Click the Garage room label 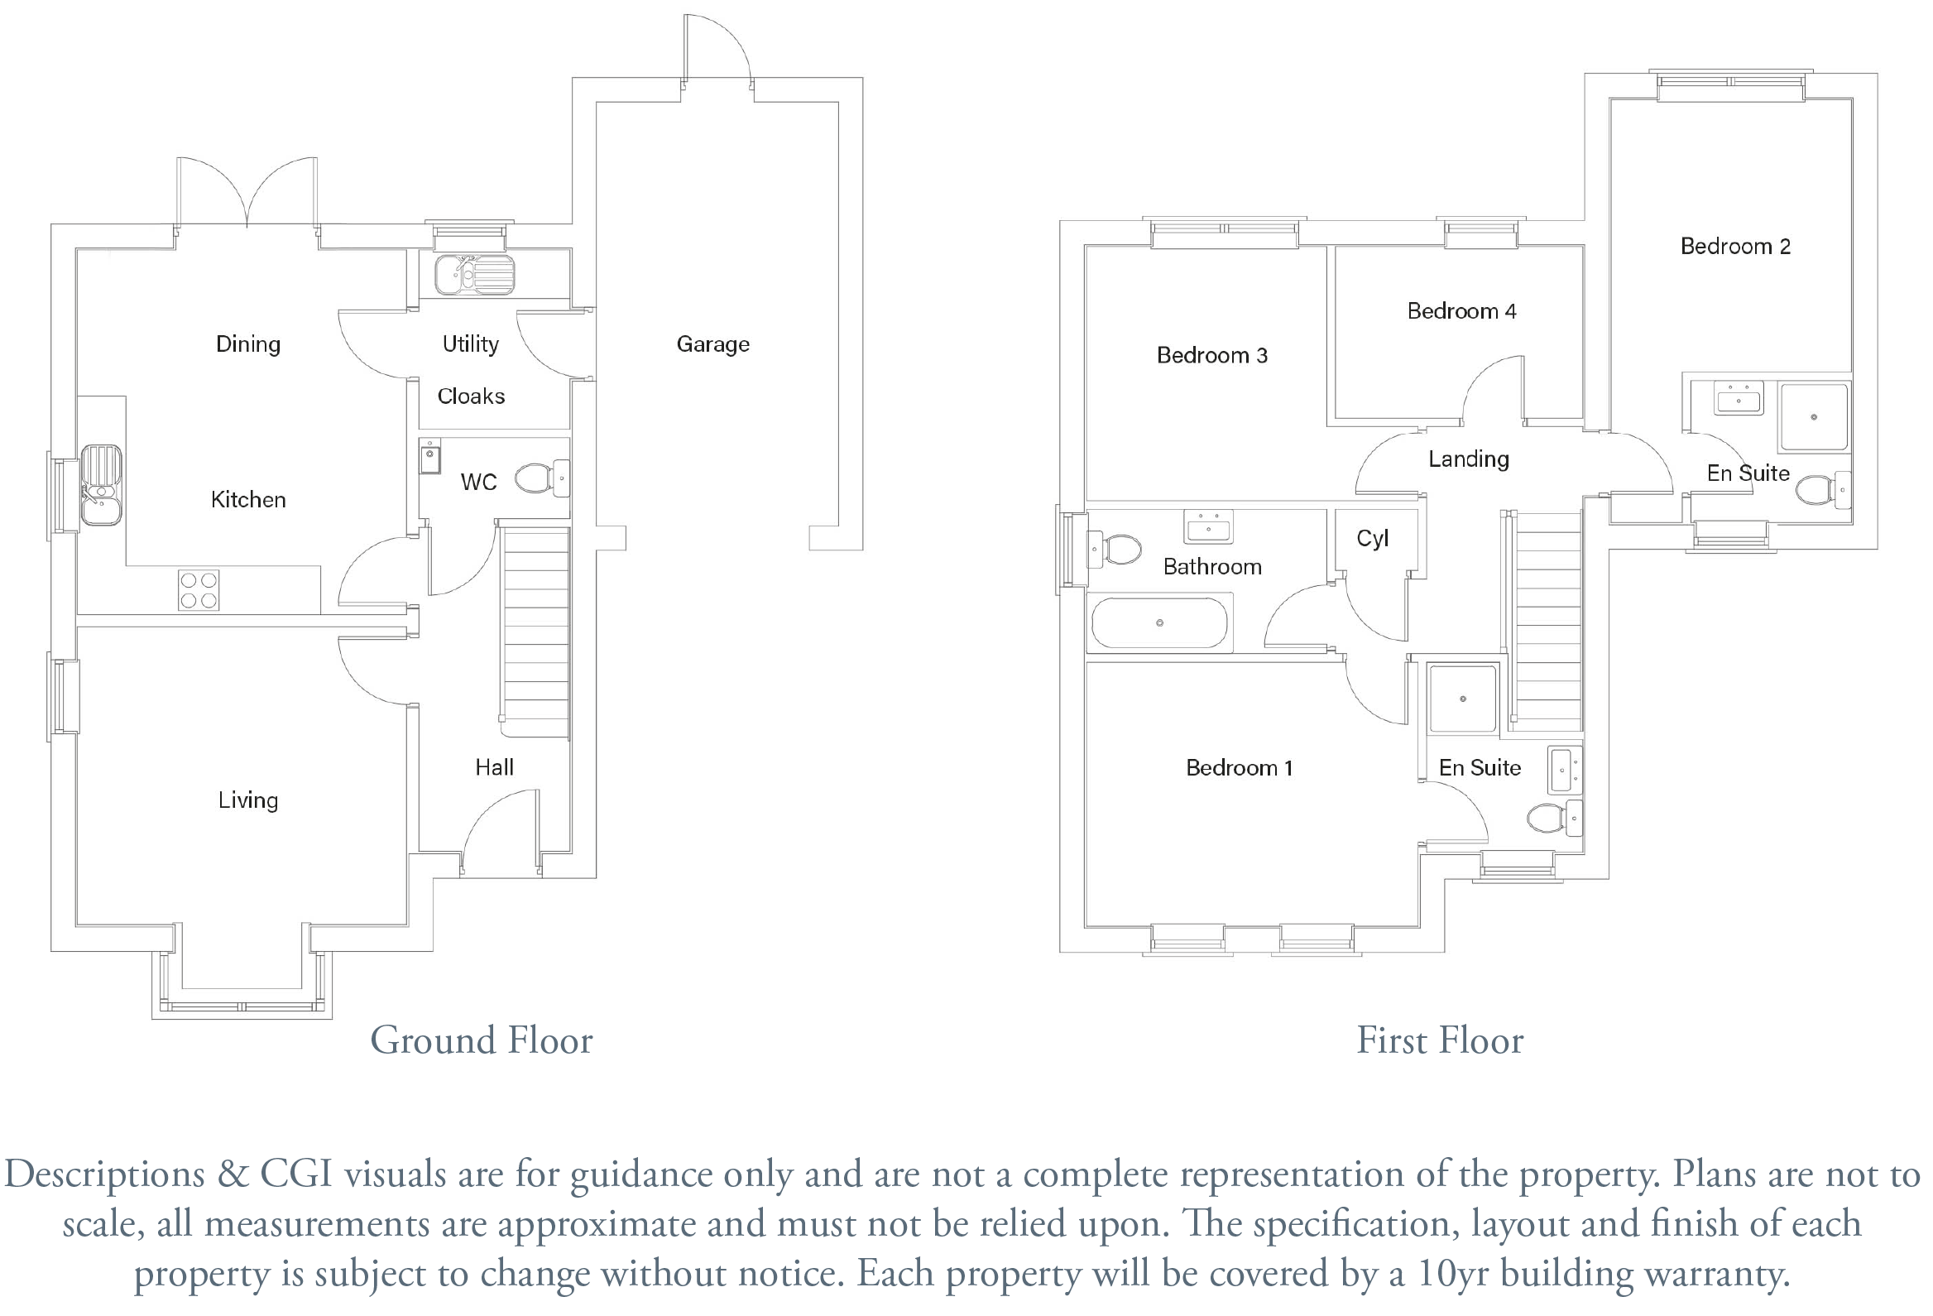point(712,343)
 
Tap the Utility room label point(471,343)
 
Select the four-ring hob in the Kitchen point(199,590)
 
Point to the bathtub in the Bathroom point(1159,622)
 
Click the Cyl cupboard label point(1373,538)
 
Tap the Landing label point(1469,459)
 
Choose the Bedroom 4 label point(1462,311)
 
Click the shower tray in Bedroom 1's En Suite point(1463,699)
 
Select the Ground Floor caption point(482,1040)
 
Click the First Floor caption point(1441,1040)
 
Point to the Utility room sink point(474,275)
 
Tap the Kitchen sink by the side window point(102,485)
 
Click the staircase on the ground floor point(536,632)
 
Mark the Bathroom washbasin point(1209,526)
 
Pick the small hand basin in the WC point(430,456)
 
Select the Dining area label point(248,344)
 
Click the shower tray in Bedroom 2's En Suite point(1814,416)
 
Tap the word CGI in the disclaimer point(297,1174)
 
